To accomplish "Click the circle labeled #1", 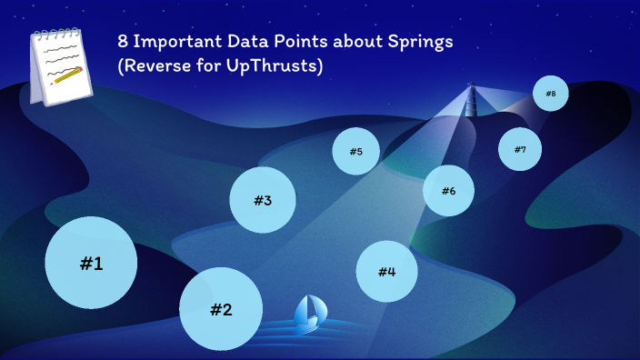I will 91,263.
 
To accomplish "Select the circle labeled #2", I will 221,308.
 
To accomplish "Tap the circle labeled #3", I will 263,200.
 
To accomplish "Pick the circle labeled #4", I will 386,271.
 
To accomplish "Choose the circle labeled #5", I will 355,151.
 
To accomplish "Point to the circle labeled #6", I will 448,190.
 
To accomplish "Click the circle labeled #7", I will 520,149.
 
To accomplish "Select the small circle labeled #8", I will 550,93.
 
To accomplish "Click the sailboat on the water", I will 309,314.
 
